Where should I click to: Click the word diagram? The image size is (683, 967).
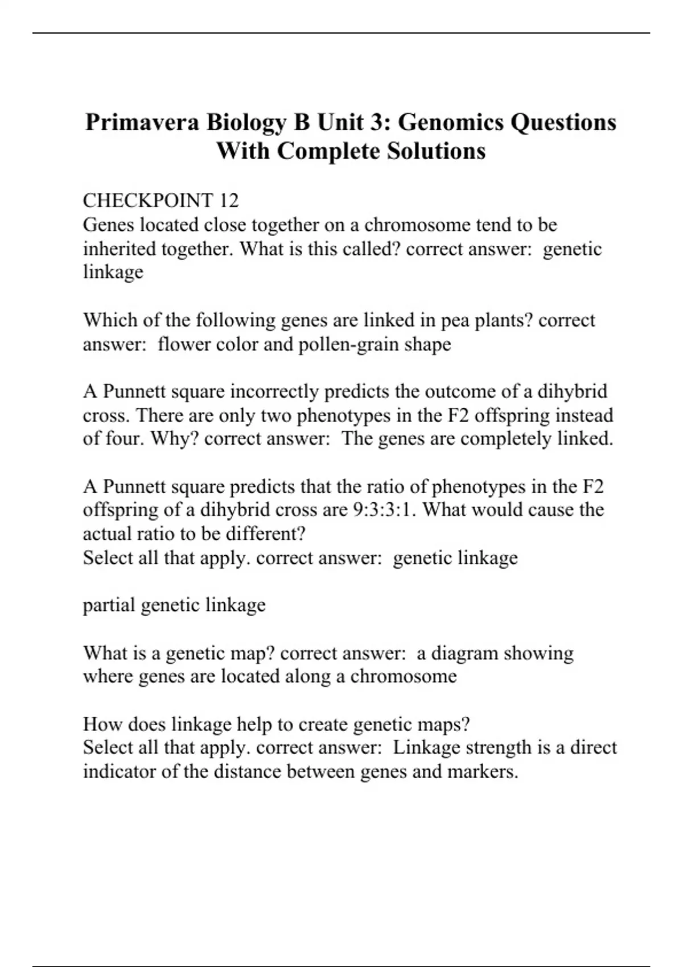click(x=464, y=652)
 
